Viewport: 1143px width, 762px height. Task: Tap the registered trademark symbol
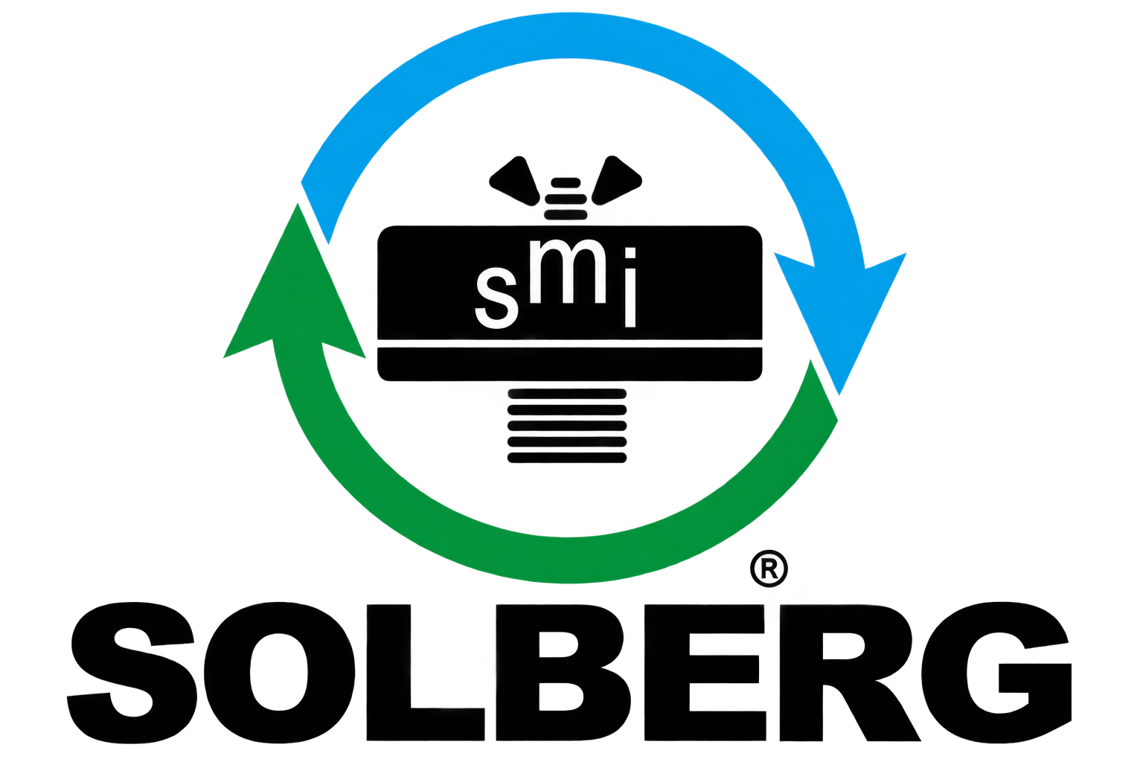(769, 568)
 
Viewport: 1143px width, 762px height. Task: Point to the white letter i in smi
(631, 287)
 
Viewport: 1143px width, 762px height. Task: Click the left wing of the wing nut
(515, 181)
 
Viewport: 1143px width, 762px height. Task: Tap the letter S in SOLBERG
(132, 673)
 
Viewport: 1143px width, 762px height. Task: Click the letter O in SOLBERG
(279, 673)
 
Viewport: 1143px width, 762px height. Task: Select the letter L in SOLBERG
(426, 673)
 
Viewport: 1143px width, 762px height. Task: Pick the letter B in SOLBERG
(563, 673)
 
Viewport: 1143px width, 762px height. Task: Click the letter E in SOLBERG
(705, 673)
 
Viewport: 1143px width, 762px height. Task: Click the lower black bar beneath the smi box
(570, 364)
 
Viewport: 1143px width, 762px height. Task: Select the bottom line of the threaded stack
(567, 458)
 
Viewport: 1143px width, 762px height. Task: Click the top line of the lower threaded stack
(567, 394)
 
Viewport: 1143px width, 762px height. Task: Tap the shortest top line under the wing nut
(566, 182)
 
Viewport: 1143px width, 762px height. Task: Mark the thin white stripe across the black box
(570, 344)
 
